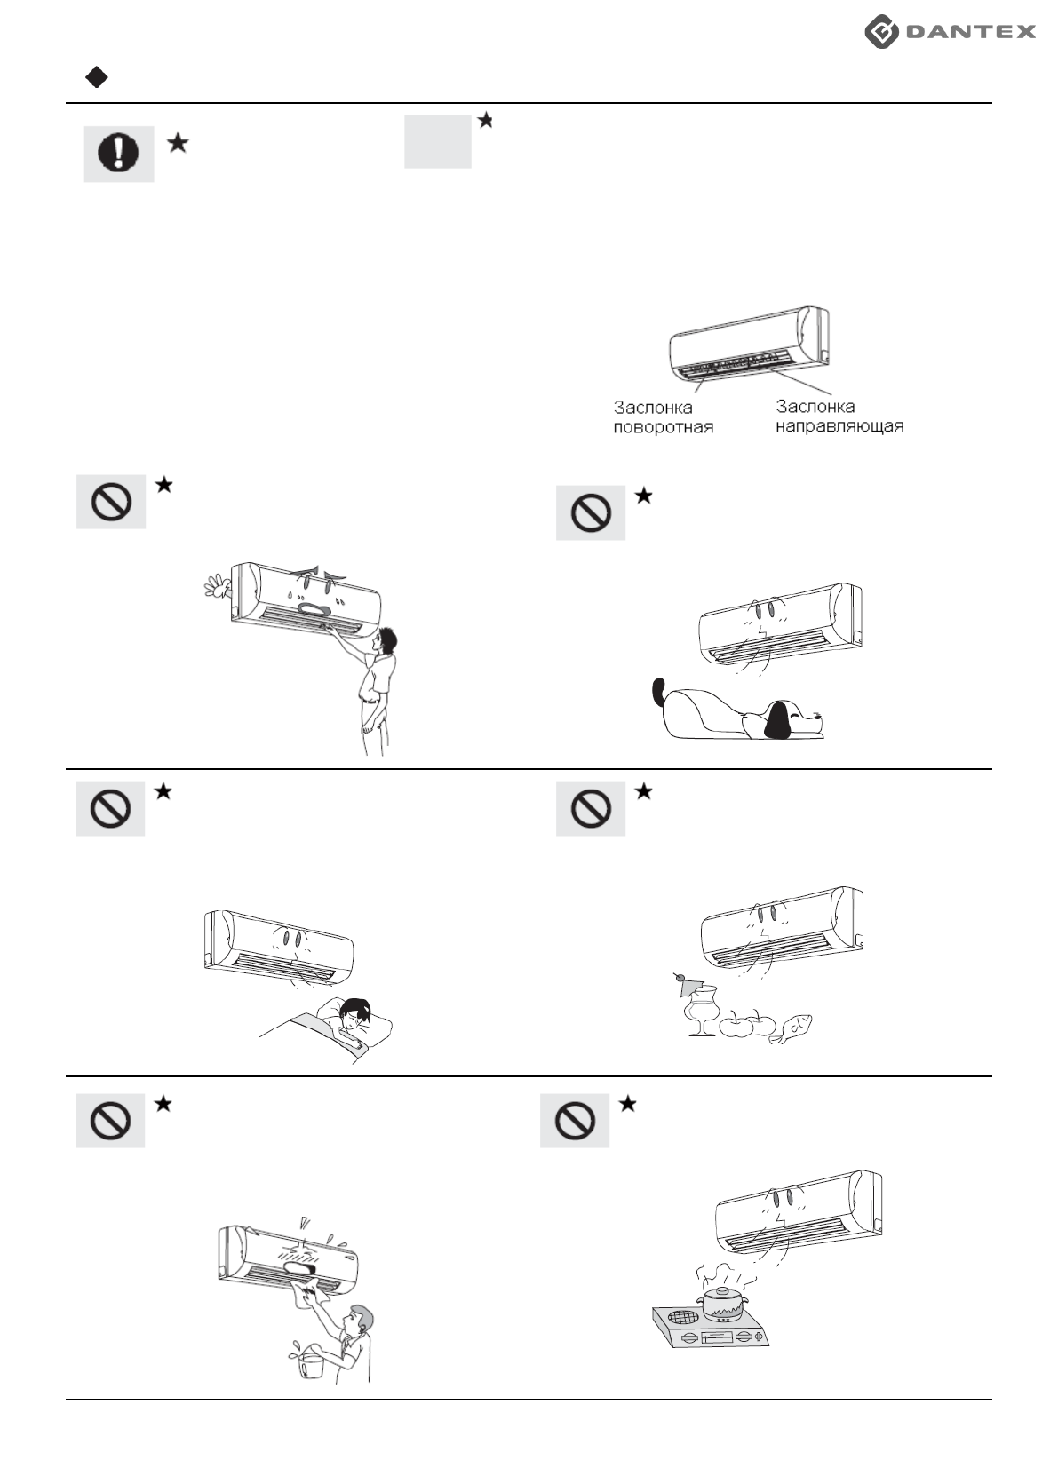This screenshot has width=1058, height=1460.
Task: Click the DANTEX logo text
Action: pos(970,32)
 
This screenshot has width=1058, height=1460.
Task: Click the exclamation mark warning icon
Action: pos(118,154)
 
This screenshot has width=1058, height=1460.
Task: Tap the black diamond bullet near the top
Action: pos(97,78)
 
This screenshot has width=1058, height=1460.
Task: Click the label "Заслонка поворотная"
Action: pos(663,417)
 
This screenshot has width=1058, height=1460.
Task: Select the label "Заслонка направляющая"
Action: pos(839,417)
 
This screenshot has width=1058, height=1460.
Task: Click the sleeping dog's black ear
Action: pos(778,720)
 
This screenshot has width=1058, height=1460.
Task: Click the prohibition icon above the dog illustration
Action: pos(591,512)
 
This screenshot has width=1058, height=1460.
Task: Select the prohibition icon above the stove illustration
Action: pos(575,1121)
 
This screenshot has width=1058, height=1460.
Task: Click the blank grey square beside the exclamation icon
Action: pos(438,141)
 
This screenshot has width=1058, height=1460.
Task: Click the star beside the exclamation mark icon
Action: pos(178,142)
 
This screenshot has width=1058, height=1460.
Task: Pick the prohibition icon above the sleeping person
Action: pos(110,808)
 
